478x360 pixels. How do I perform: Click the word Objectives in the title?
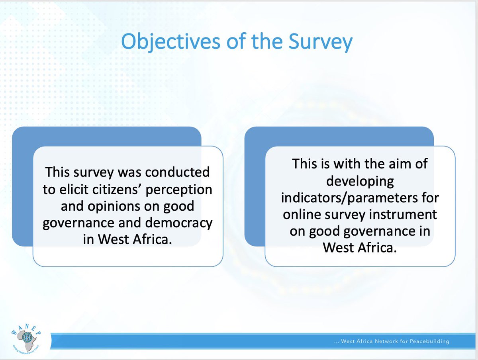coord(170,42)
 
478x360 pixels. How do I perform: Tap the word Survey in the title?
coord(320,42)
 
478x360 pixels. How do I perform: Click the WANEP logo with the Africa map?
coord(26,340)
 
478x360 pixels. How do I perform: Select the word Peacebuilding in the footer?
coord(429,341)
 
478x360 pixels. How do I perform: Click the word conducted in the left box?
coord(177,172)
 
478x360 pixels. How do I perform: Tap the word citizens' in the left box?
coord(117,189)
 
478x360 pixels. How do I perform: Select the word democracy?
coord(178,223)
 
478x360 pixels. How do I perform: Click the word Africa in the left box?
coord(152,239)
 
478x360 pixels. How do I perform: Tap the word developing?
coord(360,182)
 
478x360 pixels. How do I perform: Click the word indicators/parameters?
coord(347,198)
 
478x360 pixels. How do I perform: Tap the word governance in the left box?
coord(78,223)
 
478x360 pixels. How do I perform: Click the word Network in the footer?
coord(386,341)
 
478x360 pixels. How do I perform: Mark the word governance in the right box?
coord(379,231)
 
